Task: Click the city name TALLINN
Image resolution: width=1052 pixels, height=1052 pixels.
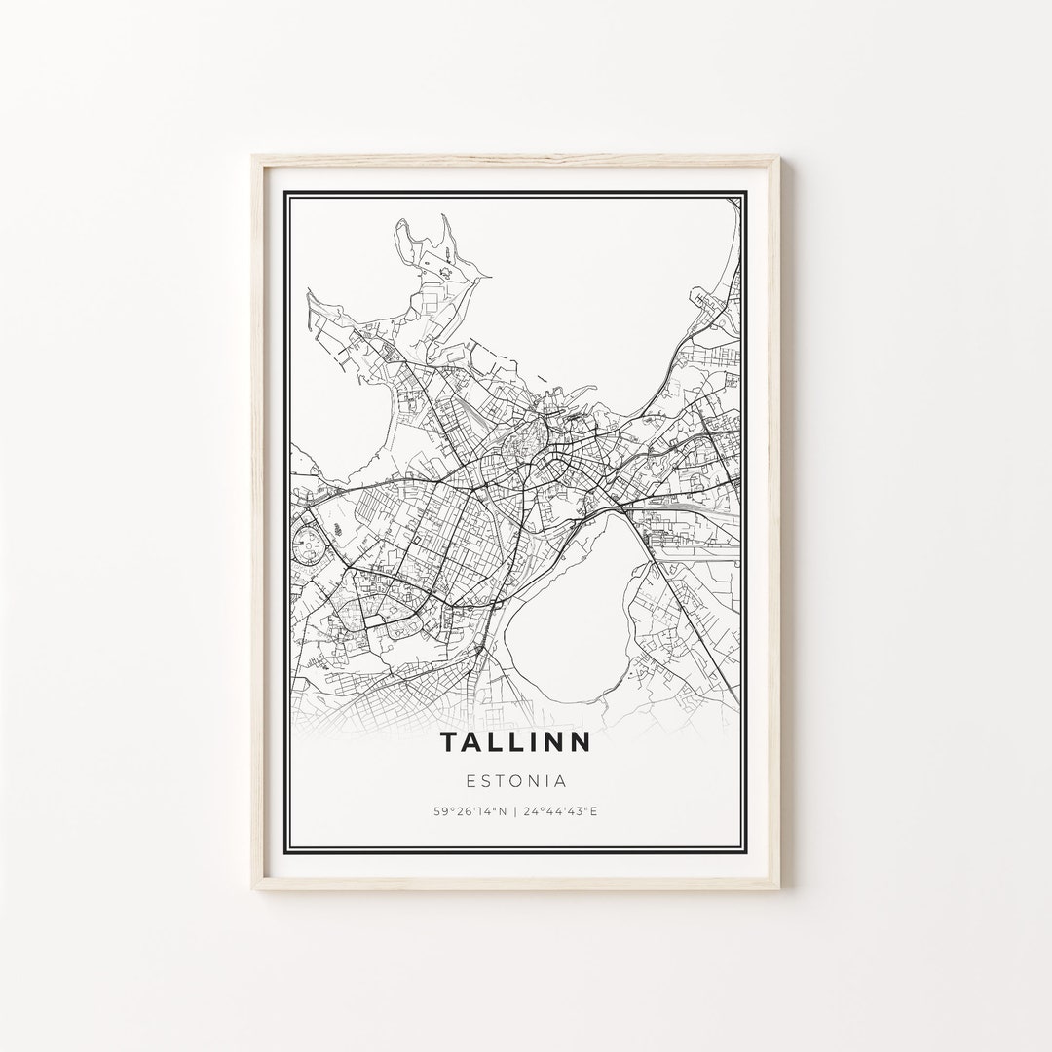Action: [514, 742]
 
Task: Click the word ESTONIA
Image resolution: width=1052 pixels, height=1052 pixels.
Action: [516, 780]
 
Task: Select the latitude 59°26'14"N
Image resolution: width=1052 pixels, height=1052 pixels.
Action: [470, 810]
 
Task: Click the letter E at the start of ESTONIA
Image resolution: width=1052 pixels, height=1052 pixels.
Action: [472, 780]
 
